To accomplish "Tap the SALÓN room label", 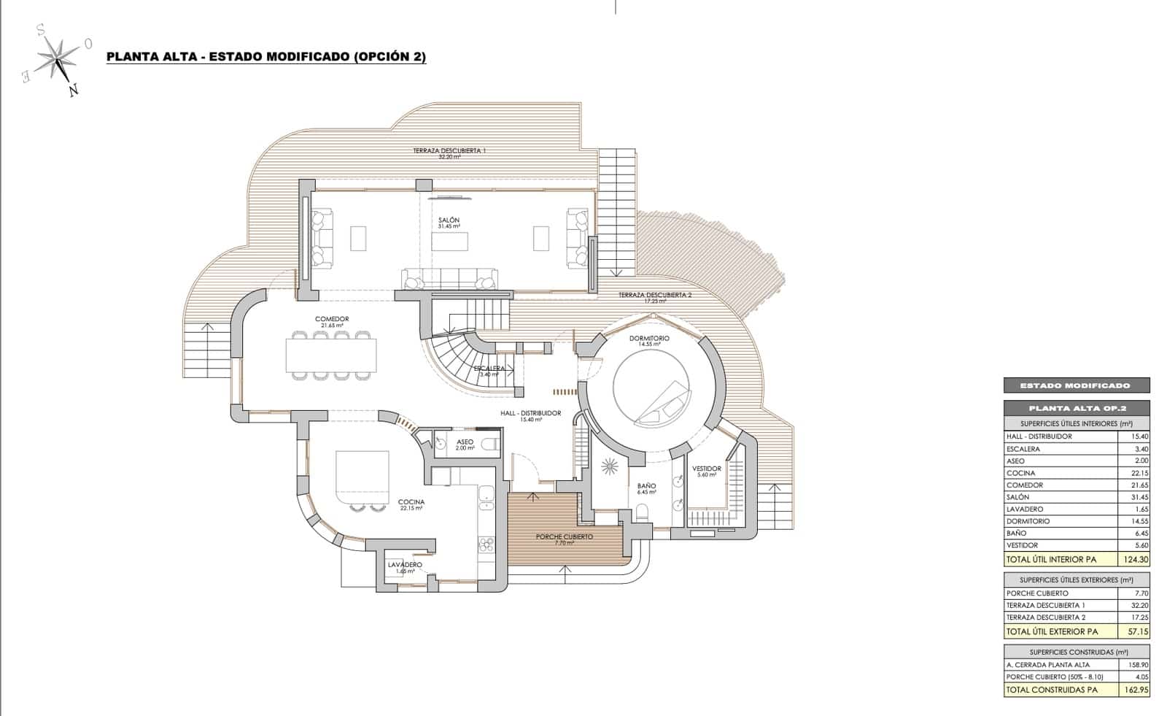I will (449, 220).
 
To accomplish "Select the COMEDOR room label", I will (332, 320).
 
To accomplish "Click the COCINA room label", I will (411, 502).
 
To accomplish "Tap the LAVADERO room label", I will (405, 565).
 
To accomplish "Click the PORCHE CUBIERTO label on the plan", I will (564, 536).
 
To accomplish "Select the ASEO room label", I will (465, 442).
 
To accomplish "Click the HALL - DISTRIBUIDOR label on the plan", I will (530, 413).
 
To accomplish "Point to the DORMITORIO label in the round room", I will (649, 339).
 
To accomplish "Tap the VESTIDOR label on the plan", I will (706, 469).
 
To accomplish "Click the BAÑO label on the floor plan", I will (646, 486).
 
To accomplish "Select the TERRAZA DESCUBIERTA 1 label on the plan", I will (449, 150).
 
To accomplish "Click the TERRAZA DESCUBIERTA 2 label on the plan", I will (654, 295).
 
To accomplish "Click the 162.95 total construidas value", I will (1136, 689).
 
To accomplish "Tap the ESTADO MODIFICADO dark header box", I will (1076, 385).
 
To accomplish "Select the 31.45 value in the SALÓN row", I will (1139, 497).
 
